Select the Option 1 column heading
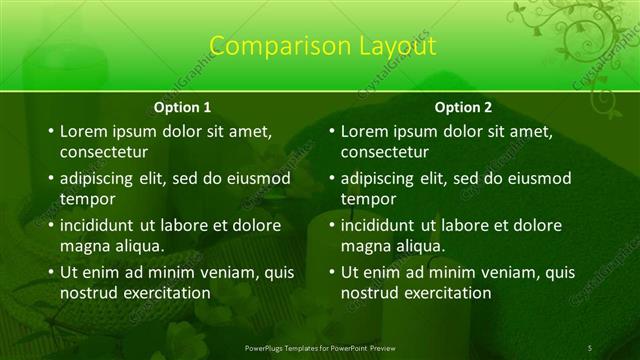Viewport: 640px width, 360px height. coord(182,107)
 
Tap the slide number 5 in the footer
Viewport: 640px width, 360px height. coord(590,347)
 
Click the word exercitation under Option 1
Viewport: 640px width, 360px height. coord(167,293)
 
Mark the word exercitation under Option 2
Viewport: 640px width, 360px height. coord(448,293)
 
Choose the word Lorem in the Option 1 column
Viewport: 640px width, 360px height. coord(82,131)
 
